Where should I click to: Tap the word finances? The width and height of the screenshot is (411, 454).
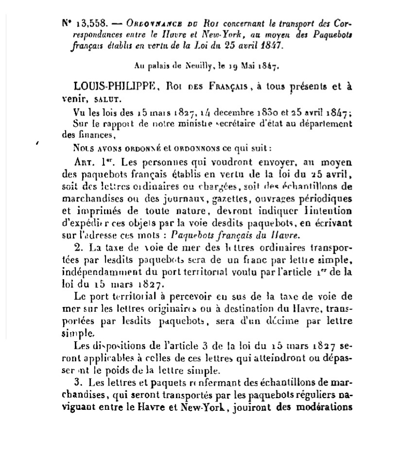pyautogui.click(x=95, y=135)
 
